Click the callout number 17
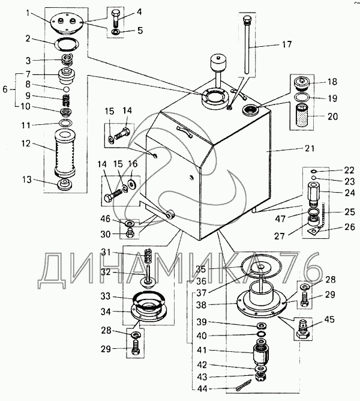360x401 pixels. coord(287,44)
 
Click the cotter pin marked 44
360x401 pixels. coord(243,384)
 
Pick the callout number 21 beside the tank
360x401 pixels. coord(310,148)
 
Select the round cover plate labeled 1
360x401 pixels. coord(66,24)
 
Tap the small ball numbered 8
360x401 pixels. coord(67,89)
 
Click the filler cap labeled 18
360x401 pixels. coord(302,83)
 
